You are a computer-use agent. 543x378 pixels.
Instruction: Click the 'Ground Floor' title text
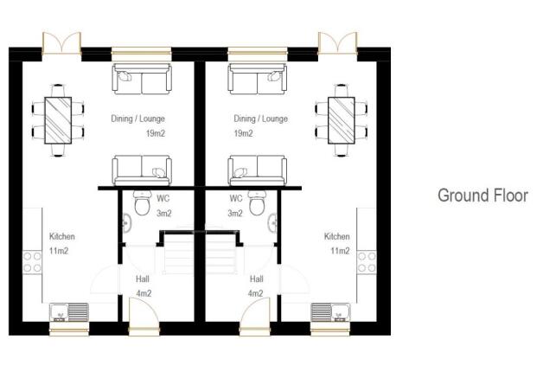click(482, 195)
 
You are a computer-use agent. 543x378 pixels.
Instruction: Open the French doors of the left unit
click(63, 43)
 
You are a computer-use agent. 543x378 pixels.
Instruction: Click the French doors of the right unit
click(337, 43)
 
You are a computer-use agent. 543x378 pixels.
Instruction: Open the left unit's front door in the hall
click(144, 327)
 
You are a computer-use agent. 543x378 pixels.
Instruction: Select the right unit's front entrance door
click(256, 327)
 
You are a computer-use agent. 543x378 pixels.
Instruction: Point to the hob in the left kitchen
click(33, 261)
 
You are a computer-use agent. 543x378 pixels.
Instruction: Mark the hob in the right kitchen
click(367, 261)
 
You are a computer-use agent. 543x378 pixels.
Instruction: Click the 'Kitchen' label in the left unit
click(61, 236)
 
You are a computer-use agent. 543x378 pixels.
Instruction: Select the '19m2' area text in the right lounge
click(243, 134)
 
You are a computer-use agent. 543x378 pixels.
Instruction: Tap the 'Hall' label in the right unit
click(256, 279)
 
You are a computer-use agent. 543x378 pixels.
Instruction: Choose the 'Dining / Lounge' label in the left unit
click(137, 119)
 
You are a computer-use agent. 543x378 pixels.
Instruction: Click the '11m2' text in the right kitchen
click(339, 251)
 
